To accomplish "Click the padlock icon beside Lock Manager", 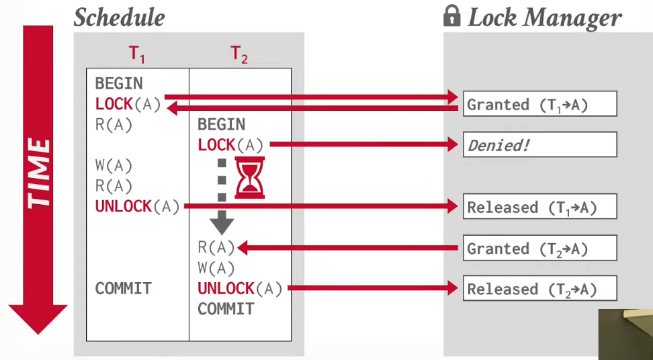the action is (452, 17).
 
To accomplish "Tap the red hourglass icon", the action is (250, 177).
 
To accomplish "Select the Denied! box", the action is (539, 145).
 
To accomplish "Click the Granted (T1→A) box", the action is (539, 103).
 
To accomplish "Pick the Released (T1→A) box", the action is (539, 206).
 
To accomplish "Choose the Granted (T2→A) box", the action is (539, 248).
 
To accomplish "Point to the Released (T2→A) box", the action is (539, 288).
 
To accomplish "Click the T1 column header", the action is (137, 54).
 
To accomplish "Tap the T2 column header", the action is (239, 54).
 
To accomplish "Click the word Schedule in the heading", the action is (120, 17).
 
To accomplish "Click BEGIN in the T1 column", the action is (119, 84).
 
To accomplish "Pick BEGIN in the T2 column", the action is (222, 124).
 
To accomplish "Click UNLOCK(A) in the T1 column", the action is (138, 206).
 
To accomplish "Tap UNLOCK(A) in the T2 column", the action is (240, 288).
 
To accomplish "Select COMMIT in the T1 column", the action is (124, 288).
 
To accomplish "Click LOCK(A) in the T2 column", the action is (230, 145).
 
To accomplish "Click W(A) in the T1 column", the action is (114, 166).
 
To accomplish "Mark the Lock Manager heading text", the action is (545, 18).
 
